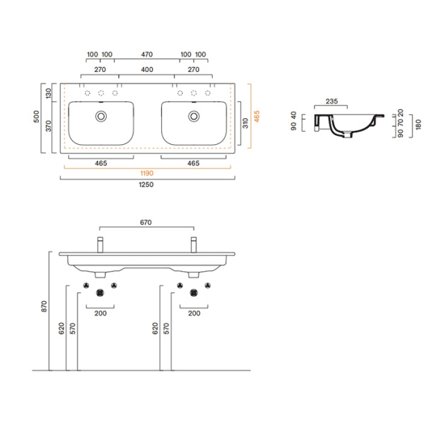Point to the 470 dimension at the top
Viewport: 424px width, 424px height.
pos(147,54)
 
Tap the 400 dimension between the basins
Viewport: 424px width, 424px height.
pos(147,70)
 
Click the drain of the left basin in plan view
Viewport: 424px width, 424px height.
pos(100,114)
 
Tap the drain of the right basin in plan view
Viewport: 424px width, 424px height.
pos(192,114)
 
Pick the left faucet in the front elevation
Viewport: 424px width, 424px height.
pos(100,245)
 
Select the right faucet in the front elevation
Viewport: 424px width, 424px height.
pos(192,245)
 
